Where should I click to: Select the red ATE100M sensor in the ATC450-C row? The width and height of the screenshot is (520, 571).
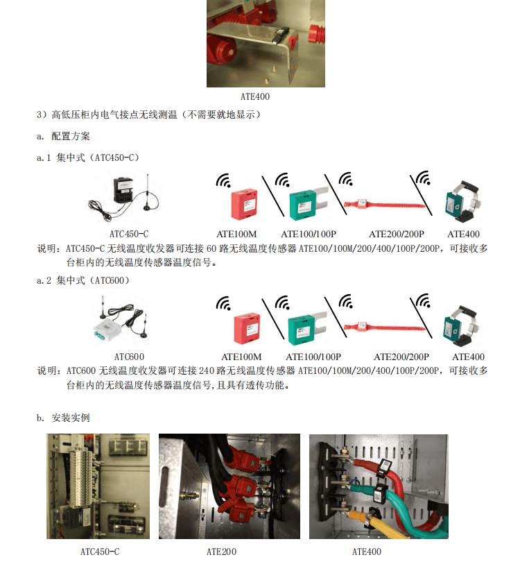click(x=245, y=204)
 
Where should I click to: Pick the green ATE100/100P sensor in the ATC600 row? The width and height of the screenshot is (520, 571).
click(x=307, y=329)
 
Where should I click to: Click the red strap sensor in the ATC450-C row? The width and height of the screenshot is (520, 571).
click(x=384, y=204)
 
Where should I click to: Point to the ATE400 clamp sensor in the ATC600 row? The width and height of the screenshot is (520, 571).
click(x=460, y=325)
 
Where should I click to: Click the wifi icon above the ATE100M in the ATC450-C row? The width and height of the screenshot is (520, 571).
click(x=223, y=180)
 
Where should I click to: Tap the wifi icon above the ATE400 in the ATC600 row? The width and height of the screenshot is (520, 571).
click(x=423, y=300)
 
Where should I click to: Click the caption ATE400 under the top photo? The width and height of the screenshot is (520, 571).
click(x=255, y=97)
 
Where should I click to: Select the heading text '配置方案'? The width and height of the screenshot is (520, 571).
click(x=71, y=136)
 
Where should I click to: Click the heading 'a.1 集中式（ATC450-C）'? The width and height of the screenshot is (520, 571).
click(x=87, y=157)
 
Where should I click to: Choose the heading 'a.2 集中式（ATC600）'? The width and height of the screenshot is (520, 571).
click(x=83, y=280)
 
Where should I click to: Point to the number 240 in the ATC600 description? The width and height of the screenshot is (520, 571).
click(x=207, y=370)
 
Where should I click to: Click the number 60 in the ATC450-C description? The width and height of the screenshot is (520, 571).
click(x=211, y=248)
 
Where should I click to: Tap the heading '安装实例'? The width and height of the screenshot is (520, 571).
click(x=71, y=418)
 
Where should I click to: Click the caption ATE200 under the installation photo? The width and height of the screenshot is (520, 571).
click(x=221, y=552)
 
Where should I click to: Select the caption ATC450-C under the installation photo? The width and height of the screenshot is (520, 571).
click(x=100, y=552)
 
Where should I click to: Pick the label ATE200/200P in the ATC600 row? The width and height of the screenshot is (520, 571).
click(x=401, y=357)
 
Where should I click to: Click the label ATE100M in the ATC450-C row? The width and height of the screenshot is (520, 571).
click(x=236, y=234)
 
